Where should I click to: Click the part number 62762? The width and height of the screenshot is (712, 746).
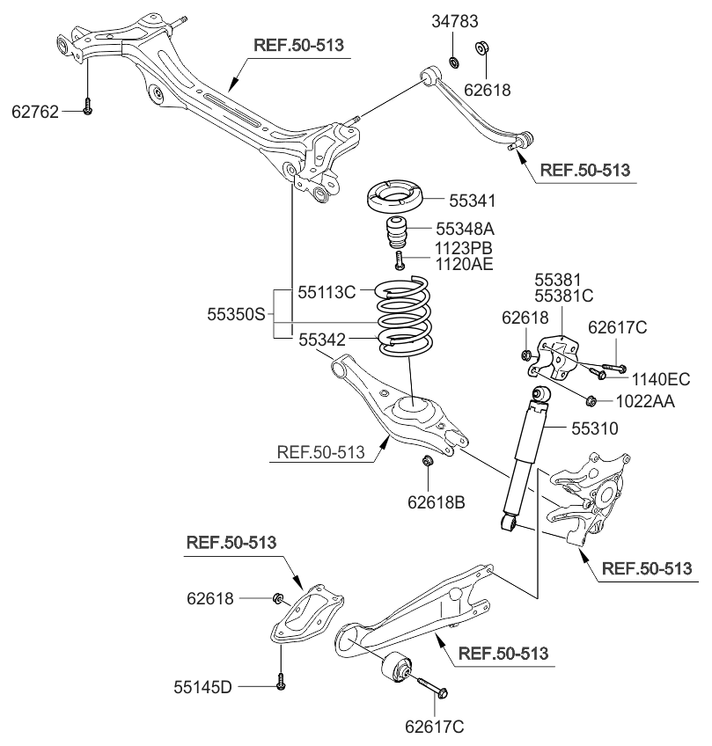point(34,112)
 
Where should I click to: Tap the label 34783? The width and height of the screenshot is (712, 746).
point(454,21)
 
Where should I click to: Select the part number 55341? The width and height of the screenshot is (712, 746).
point(472,201)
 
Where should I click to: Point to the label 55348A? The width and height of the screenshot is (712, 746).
point(465,229)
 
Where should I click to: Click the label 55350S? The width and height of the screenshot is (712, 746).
point(236,314)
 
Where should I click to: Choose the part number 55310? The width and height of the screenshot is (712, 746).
point(594,428)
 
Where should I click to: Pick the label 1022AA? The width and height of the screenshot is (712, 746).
point(645,401)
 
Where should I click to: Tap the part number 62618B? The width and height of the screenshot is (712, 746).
point(436,502)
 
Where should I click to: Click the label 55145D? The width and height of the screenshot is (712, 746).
point(202,687)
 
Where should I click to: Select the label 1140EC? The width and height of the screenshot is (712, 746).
point(661,379)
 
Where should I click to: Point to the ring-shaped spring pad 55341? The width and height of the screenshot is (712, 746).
point(394,196)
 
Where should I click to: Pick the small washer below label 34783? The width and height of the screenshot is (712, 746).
point(454,62)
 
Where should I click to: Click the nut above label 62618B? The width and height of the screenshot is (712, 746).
point(428,461)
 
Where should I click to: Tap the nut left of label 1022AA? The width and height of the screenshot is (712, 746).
point(591,401)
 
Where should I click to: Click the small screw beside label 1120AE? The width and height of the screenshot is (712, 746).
point(400,260)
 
